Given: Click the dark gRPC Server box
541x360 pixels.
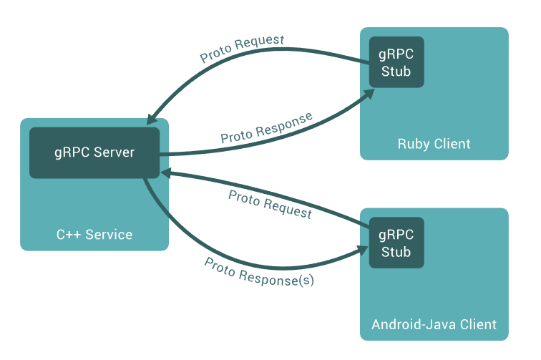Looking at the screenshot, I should click(94, 152).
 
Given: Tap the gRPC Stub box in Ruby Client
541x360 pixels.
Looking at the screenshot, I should click(396, 62).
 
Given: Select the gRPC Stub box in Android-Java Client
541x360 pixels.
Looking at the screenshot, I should click(396, 243).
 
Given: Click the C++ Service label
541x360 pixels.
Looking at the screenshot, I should click(94, 235).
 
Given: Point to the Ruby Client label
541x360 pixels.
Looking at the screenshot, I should click(434, 144).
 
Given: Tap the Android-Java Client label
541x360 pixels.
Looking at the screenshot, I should click(434, 324).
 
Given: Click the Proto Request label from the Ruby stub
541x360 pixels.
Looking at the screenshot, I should click(242, 49).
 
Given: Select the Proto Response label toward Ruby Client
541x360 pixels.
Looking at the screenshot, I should click(266, 127).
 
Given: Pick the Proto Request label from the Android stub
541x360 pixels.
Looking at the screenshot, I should click(270, 204).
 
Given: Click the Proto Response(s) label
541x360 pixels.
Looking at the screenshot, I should click(259, 271).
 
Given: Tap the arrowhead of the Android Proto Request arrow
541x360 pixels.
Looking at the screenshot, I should click(165, 172).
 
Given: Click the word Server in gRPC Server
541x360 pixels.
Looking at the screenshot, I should click(114, 152).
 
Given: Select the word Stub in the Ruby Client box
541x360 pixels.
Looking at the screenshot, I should click(396, 71).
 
